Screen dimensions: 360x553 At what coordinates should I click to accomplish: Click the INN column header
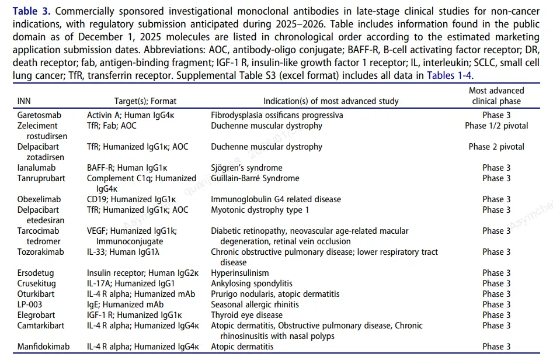point(24,101)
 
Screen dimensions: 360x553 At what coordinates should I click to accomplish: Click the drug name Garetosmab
point(40,115)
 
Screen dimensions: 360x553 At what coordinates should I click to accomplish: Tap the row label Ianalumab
point(36,168)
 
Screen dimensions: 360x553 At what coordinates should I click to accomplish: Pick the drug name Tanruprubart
point(41,178)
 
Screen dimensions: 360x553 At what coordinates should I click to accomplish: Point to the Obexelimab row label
point(39,199)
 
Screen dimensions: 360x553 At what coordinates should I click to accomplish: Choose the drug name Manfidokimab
point(43,347)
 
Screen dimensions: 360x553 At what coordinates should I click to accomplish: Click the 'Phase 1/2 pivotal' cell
point(496,126)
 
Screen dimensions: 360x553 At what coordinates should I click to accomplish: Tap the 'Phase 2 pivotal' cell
point(496,147)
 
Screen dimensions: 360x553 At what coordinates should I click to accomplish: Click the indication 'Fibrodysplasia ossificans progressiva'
point(277,115)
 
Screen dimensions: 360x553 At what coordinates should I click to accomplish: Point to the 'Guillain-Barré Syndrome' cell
point(255,178)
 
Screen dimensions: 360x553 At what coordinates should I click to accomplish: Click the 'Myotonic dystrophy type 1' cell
point(260,210)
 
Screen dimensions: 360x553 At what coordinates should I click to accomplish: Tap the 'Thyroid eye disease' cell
point(246,315)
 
